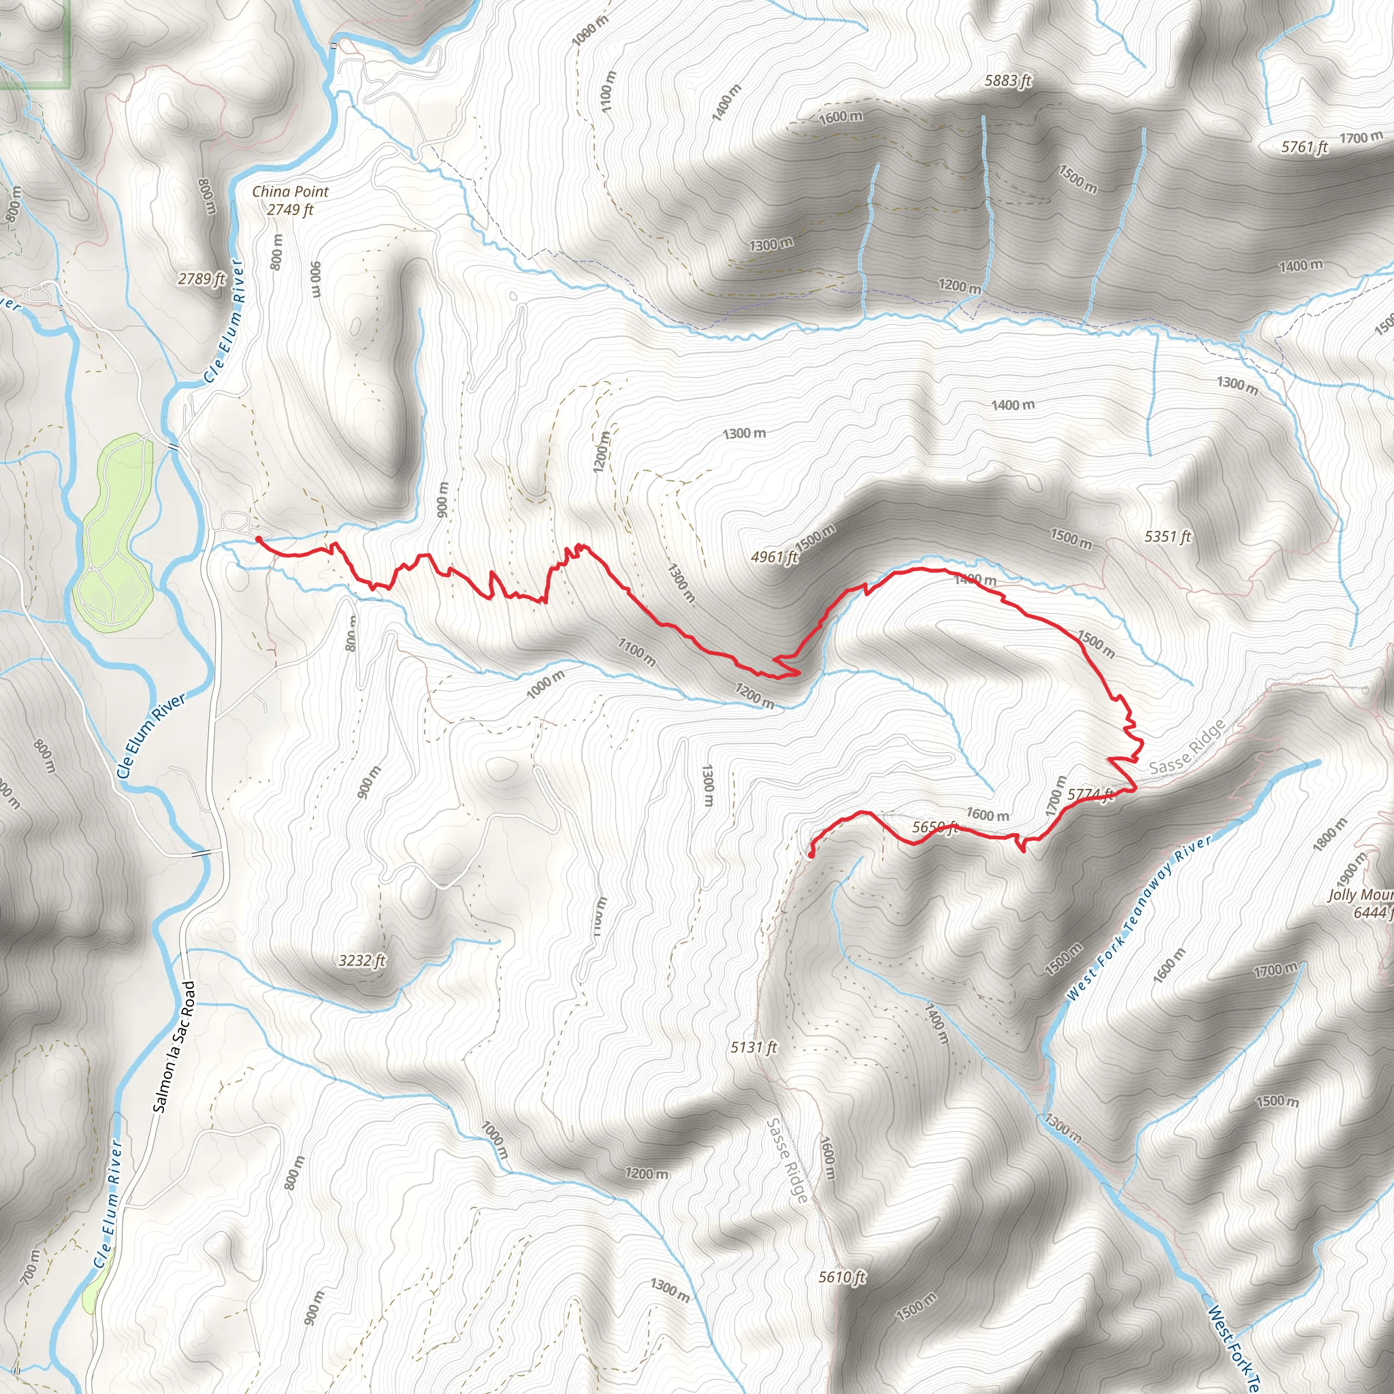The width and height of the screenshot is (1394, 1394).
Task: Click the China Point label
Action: point(290,192)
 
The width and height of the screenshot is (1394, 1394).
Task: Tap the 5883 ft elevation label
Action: point(1008,81)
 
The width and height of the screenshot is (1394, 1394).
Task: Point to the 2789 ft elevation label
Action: point(202,278)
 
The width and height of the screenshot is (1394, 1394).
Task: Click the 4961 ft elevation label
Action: point(774,557)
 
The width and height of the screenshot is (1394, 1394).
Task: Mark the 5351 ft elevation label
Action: point(1167,537)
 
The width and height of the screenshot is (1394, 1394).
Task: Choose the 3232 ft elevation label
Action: point(362,961)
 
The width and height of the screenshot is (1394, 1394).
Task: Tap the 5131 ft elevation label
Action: point(754,1047)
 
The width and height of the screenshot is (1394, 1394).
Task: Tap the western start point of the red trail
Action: point(258,539)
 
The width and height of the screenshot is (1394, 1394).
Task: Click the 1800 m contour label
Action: point(1330,834)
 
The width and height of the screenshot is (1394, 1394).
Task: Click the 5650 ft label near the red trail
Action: point(935,828)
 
